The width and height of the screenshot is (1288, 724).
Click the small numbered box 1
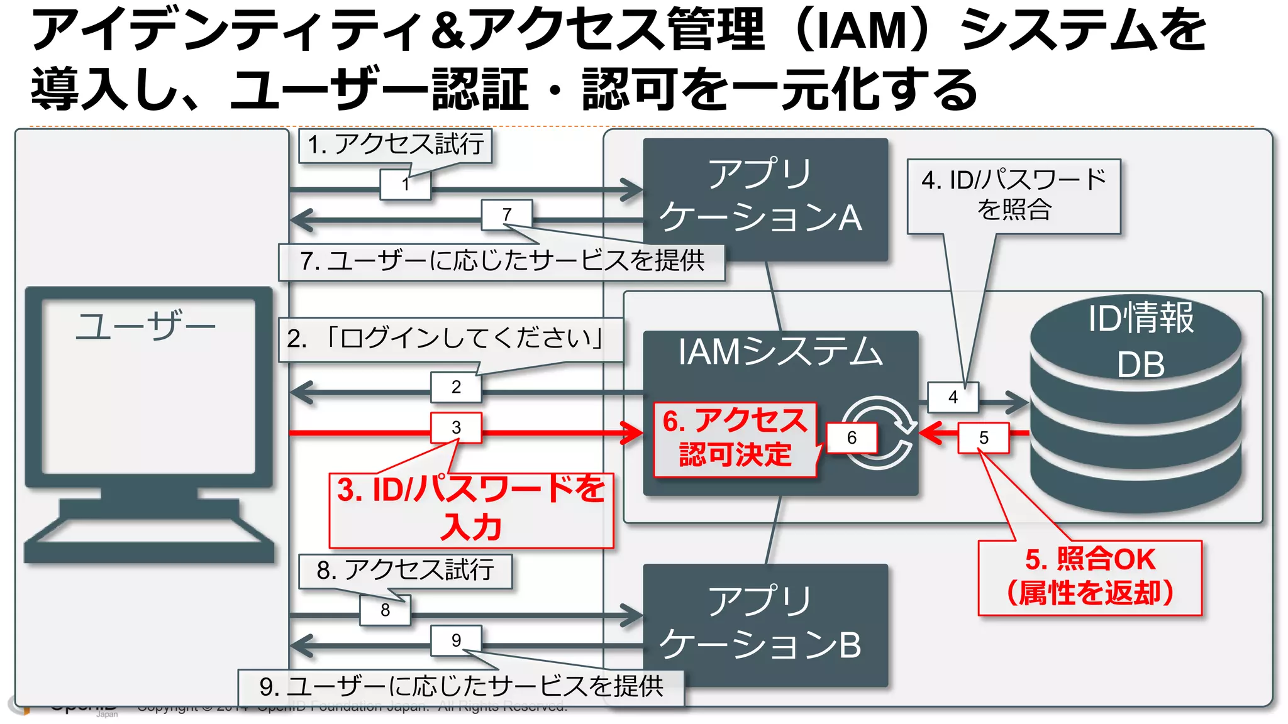pos(406,185)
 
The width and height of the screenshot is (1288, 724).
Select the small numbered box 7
pos(507,215)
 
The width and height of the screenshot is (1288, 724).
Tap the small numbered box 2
pos(456,387)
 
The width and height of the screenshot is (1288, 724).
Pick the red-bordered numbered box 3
pos(456,428)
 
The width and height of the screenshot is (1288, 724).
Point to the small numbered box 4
pos(953,397)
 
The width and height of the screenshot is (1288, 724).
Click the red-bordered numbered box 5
pos(984,438)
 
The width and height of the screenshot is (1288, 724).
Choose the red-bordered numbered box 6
pos(852,438)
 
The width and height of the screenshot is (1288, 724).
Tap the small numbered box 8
pos(385,610)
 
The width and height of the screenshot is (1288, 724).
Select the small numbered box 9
pos(456,640)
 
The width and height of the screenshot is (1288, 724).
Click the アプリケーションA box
pos(765,199)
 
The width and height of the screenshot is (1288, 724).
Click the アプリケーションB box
pos(765,625)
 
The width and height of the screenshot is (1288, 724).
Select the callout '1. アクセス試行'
pos(395,145)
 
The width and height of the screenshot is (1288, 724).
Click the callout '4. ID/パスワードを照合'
pos(1013,195)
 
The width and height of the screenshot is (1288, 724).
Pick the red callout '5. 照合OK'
pos(1090,577)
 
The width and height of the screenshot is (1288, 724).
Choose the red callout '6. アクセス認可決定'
pos(735,439)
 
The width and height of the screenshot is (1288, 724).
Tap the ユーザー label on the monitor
pos(146,327)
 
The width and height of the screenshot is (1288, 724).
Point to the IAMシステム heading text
pos(780,352)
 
